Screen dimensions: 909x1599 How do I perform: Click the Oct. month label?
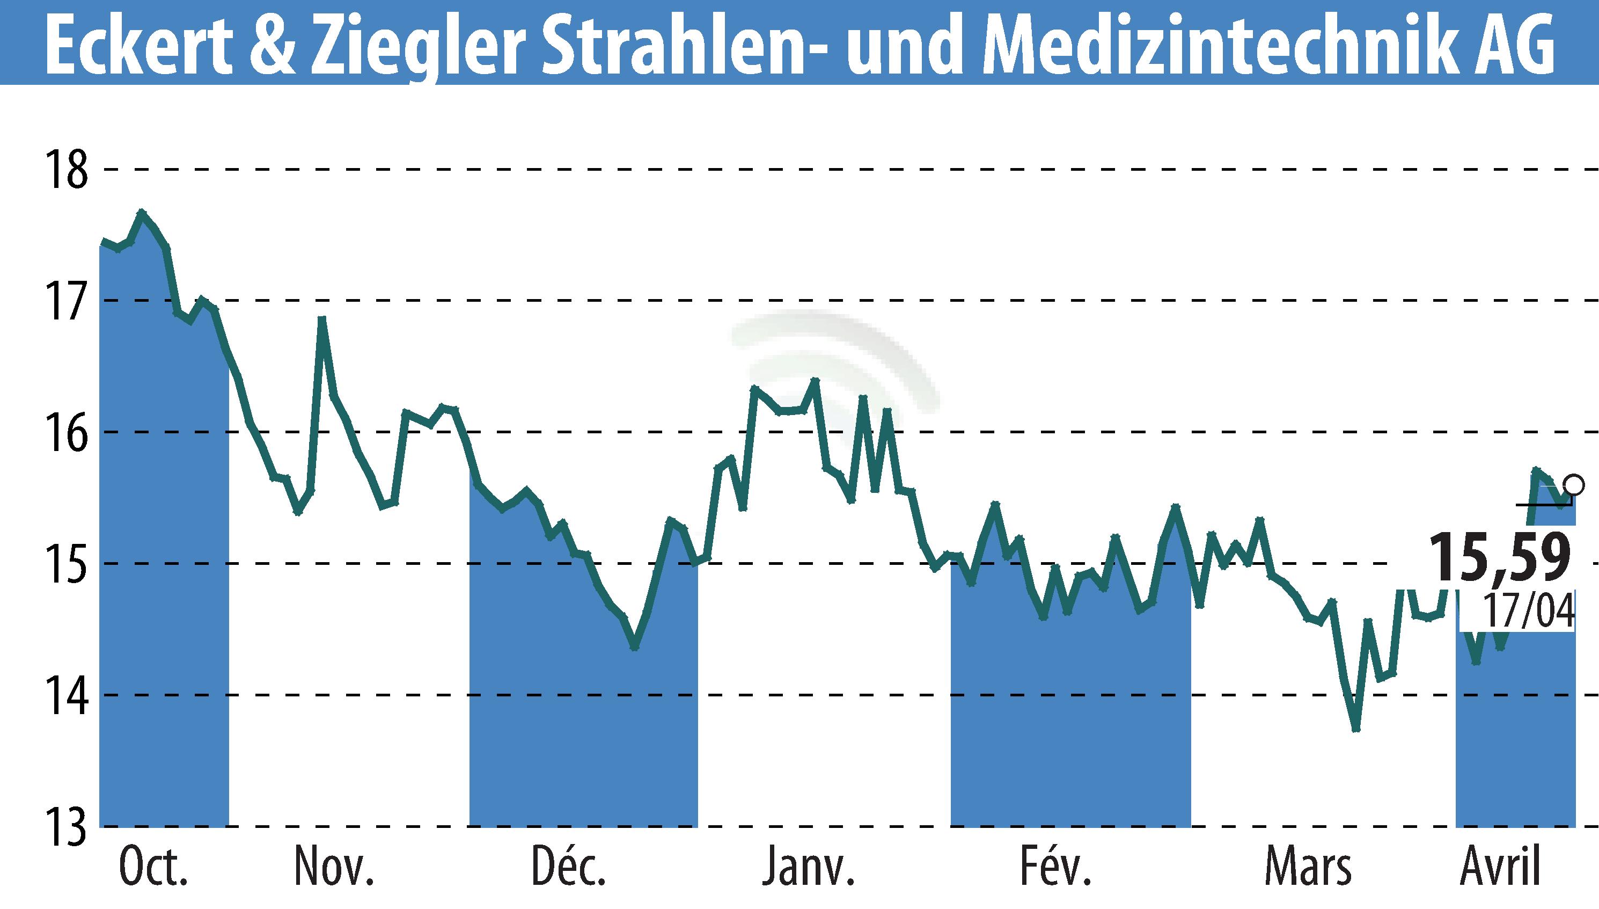153,867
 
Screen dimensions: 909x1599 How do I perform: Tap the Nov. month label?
334,867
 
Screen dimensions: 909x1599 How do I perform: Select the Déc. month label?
568,867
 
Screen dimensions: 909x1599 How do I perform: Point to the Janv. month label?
808,867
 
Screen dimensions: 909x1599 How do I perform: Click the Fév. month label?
1055,867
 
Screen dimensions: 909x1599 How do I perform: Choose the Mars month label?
1308,867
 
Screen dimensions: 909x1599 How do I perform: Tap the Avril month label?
1499,867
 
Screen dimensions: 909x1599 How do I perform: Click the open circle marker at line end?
1573,484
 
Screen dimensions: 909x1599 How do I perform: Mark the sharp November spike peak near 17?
322,319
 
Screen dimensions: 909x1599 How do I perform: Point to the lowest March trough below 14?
1355,729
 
